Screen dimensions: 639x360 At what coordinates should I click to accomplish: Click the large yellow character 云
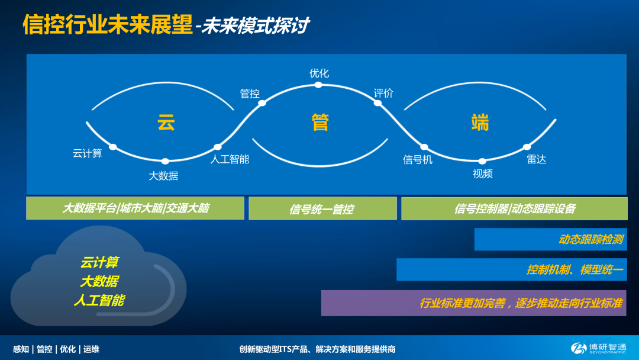click(166, 123)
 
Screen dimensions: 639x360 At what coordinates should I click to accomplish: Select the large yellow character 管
click(320, 123)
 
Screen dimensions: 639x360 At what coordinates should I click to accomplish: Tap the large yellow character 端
click(480, 123)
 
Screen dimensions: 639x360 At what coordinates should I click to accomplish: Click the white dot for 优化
click(318, 85)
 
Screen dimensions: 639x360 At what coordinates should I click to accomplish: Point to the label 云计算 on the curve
click(87, 154)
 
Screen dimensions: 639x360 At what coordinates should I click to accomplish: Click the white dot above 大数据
click(165, 161)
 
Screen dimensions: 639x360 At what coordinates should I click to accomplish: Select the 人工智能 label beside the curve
click(230, 159)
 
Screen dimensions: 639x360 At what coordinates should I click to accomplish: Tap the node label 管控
click(250, 94)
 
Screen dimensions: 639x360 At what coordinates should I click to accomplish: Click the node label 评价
click(383, 94)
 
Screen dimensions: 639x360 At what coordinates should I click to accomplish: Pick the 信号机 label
click(418, 160)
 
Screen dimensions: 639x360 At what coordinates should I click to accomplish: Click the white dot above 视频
click(482, 162)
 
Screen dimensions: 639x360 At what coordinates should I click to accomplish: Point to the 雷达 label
click(536, 159)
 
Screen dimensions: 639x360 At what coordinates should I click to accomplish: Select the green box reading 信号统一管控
click(323, 208)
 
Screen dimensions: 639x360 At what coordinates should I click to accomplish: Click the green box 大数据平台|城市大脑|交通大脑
click(135, 208)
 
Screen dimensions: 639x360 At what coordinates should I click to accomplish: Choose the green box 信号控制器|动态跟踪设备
click(514, 208)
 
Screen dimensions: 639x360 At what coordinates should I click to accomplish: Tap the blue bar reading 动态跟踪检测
click(551, 239)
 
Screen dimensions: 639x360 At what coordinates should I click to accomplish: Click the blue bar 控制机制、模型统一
click(512, 269)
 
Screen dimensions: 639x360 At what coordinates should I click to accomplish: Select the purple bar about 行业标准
click(474, 303)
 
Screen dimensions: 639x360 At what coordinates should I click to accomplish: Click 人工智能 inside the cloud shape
click(99, 300)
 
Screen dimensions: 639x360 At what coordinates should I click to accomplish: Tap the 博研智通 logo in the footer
click(598, 348)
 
